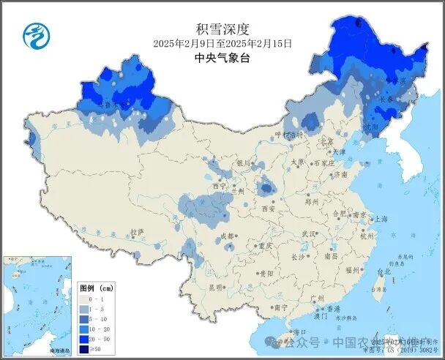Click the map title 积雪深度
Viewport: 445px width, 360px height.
click(223, 29)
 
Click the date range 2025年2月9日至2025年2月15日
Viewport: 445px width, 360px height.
click(223, 44)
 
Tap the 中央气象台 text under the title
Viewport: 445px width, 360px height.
click(223, 58)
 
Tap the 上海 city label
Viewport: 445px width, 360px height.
click(381, 219)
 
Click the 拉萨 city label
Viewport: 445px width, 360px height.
click(137, 232)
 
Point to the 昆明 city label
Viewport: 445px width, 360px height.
click(214, 288)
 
